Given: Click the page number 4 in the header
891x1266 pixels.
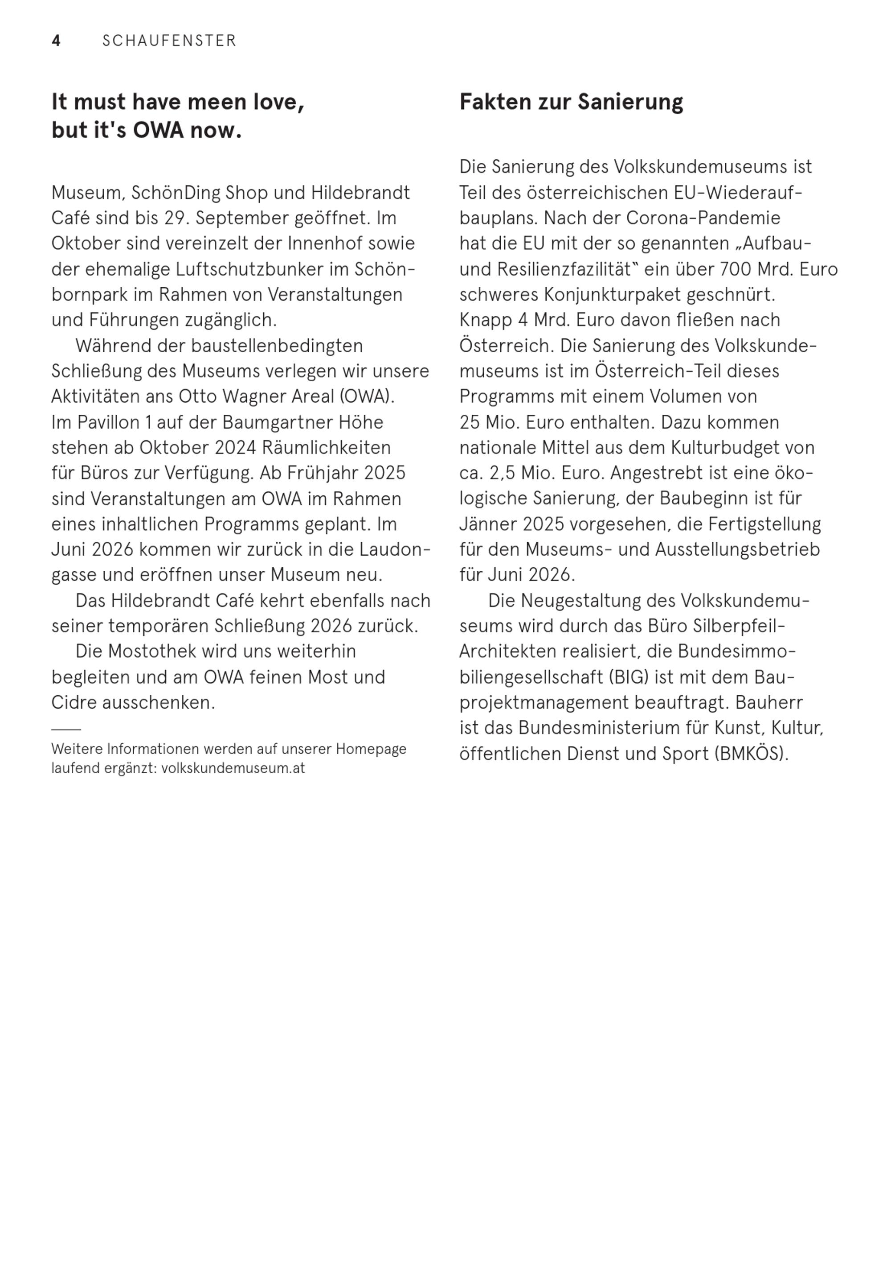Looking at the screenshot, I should coord(56,41).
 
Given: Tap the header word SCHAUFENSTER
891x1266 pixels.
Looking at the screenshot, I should coord(169,41).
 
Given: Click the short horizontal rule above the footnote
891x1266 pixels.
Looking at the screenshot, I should coord(66,730).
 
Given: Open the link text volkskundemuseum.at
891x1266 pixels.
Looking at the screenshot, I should coord(233,769).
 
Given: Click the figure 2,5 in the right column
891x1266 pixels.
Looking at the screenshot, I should coord(509,474).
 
